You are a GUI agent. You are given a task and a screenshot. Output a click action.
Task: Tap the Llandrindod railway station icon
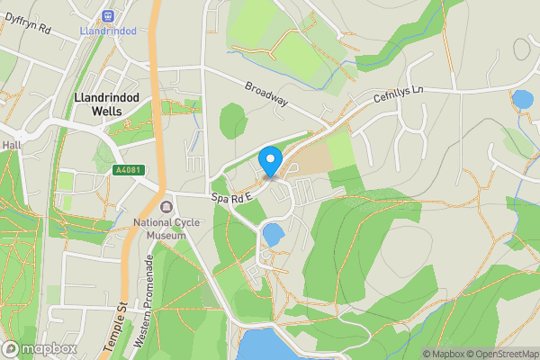(x=110, y=15)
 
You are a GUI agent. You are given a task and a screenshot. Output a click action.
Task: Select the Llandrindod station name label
(x=108, y=31)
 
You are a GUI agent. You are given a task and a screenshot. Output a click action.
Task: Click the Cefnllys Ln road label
(x=398, y=95)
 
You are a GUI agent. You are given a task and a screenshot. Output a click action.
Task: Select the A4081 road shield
(x=127, y=170)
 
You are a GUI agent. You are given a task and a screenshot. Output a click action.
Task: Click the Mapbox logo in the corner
(x=39, y=348)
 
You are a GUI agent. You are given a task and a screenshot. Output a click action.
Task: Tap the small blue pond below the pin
(x=272, y=236)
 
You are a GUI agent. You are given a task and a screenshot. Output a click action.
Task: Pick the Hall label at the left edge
(x=11, y=144)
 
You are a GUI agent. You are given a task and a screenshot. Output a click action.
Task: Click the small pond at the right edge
(x=522, y=98)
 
